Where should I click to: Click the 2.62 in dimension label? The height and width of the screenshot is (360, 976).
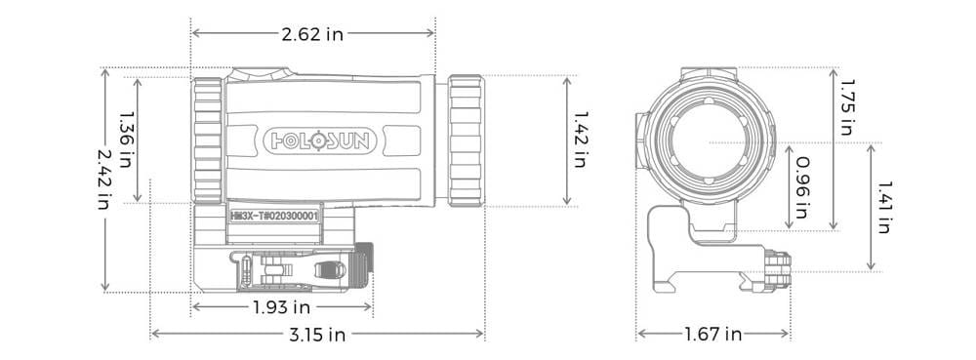pyautogui.click(x=312, y=33)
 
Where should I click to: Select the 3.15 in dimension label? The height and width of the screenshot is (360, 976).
pyautogui.click(x=317, y=335)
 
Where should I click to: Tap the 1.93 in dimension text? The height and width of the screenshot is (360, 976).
pyautogui.click(x=281, y=307)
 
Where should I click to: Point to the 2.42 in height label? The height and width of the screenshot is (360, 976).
pyautogui.click(x=105, y=180)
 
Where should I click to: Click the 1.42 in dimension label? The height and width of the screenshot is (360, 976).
pyautogui.click(x=580, y=140)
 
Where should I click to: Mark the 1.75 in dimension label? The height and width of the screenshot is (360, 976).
pyautogui.click(x=847, y=106)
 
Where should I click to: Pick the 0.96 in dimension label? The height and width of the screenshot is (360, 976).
pyautogui.click(x=803, y=187)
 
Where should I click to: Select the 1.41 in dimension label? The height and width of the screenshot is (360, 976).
pyautogui.click(x=883, y=207)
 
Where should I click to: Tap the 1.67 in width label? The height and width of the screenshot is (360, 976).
pyautogui.click(x=713, y=335)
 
